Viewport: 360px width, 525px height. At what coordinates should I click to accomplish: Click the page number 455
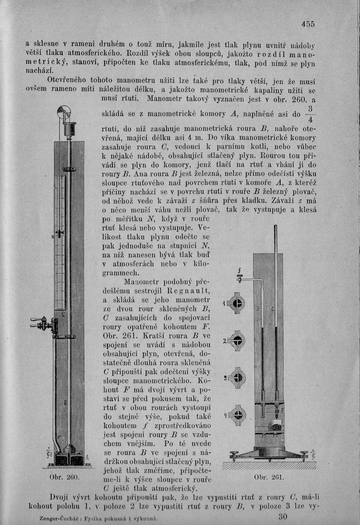308,24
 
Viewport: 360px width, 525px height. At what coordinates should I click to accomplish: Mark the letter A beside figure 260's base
87,457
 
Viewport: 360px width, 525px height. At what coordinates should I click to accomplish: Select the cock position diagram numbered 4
237,415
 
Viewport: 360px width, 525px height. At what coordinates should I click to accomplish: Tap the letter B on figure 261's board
257,309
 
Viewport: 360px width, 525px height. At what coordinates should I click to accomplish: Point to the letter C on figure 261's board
273,309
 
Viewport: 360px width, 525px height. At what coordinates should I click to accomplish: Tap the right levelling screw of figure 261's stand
304,455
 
